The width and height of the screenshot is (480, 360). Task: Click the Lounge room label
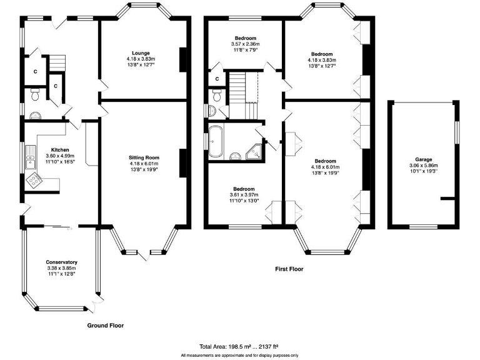click(x=141, y=53)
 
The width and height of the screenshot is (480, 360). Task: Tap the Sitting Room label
click(x=144, y=157)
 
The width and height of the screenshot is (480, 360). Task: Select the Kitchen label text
click(x=60, y=150)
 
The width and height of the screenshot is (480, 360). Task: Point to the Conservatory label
click(x=61, y=262)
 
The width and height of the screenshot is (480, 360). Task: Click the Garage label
click(x=424, y=159)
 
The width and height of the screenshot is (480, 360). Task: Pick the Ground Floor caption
click(x=106, y=326)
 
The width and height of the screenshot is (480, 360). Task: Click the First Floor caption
click(x=289, y=269)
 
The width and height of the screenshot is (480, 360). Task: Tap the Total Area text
click(x=239, y=347)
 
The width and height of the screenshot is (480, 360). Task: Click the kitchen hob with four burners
click(x=34, y=180)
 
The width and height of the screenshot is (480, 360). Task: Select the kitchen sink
click(x=31, y=157)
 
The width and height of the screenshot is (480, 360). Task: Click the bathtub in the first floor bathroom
click(x=216, y=142)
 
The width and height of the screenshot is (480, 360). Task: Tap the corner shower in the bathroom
click(x=254, y=152)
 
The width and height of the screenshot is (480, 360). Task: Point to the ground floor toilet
click(x=35, y=94)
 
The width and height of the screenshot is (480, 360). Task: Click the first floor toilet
click(x=217, y=95)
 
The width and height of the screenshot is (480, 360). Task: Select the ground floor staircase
click(x=57, y=62)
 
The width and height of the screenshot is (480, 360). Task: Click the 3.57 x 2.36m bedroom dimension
click(x=245, y=44)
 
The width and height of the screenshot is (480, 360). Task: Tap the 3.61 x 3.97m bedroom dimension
click(x=244, y=195)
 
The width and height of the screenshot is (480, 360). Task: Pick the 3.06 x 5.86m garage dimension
click(x=424, y=165)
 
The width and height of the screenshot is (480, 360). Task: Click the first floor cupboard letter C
click(x=217, y=79)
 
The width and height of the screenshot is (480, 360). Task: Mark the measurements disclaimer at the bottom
click(x=239, y=356)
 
